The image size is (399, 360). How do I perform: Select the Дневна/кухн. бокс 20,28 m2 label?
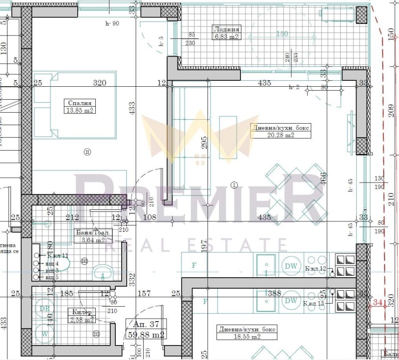click(x=281, y=131)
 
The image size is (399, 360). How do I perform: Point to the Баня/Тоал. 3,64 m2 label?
click(x=94, y=236)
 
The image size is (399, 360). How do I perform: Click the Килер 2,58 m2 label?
click(x=81, y=316)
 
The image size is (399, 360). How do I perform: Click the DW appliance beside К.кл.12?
click(x=290, y=266)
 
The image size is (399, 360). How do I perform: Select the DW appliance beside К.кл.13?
click(x=290, y=301)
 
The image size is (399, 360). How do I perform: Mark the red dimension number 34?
click(x=377, y=302)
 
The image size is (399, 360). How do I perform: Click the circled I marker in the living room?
click(x=234, y=185)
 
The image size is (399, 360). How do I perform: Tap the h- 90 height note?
click(x=112, y=23)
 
